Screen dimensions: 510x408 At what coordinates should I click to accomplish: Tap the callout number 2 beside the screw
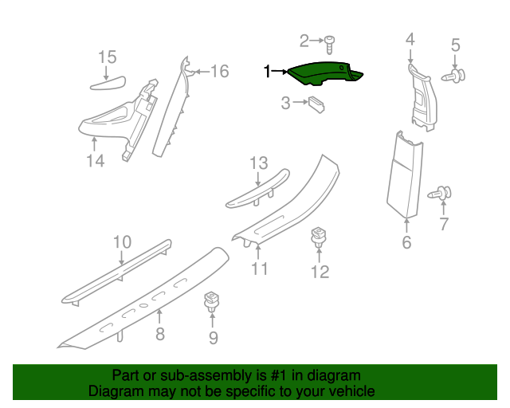click(x=304, y=41)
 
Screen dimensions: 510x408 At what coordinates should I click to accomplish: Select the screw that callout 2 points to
click(x=329, y=45)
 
